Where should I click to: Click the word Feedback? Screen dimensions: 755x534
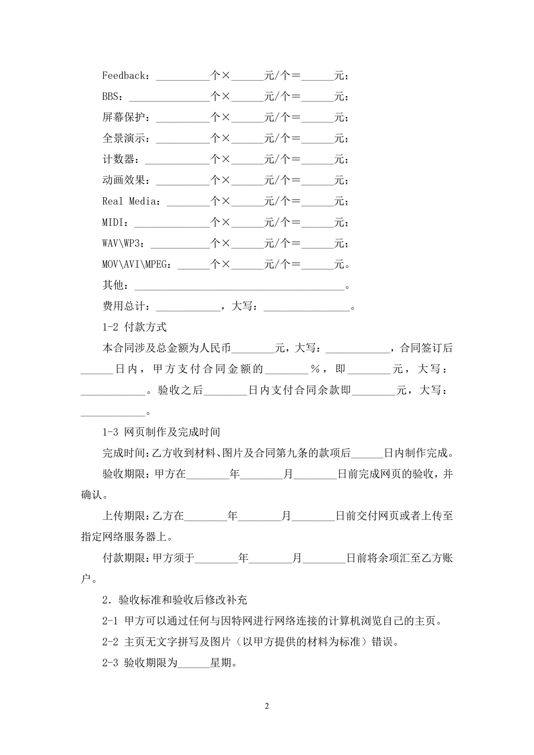click(124, 76)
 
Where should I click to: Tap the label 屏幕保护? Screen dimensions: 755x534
click(124, 117)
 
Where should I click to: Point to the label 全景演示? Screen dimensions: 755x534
click(124, 139)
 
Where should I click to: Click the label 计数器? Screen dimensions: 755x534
click(118, 159)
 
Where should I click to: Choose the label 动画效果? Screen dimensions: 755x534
click(124, 180)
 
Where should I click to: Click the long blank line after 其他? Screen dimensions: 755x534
click(239, 289)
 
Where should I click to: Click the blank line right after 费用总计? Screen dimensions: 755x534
click(188, 309)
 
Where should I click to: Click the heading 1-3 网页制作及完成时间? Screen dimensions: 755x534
click(161, 432)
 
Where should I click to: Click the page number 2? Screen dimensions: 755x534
click(267, 706)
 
